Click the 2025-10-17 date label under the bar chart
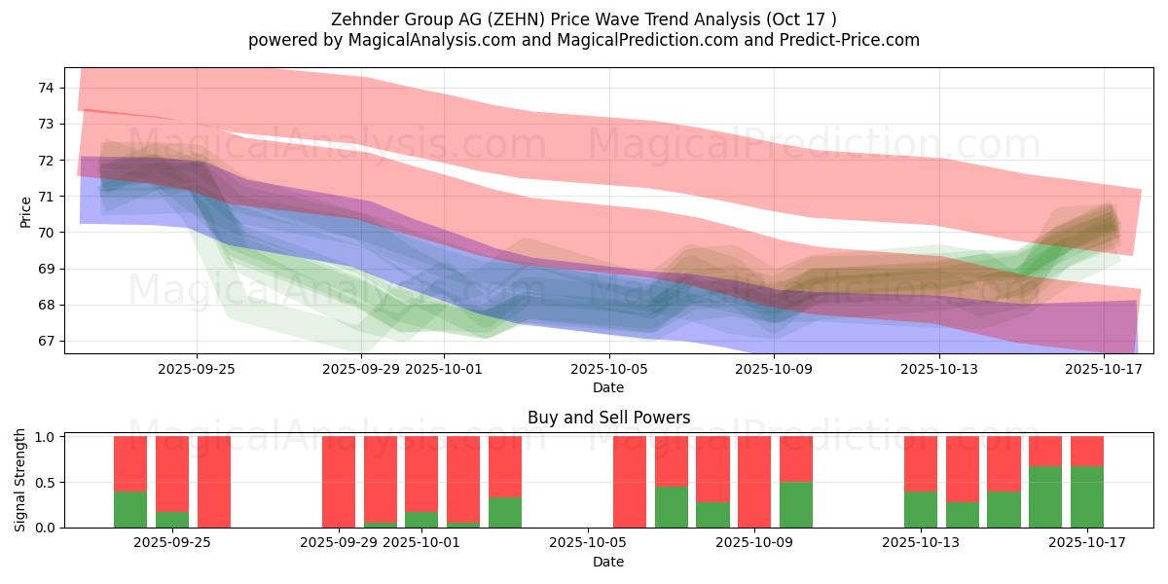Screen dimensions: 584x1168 [x=1087, y=543]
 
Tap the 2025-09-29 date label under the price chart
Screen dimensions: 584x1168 [x=361, y=369]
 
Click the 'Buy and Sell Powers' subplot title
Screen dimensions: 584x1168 [x=608, y=418]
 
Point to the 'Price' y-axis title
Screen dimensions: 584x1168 [x=25, y=210]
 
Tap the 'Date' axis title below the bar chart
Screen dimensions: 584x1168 [x=608, y=562]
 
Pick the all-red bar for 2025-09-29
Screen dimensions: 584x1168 [x=339, y=482]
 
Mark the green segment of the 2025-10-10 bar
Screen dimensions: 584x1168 [x=796, y=504]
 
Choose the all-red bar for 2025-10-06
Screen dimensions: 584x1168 [x=630, y=482]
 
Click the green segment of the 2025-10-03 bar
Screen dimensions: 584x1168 [x=505, y=512]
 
